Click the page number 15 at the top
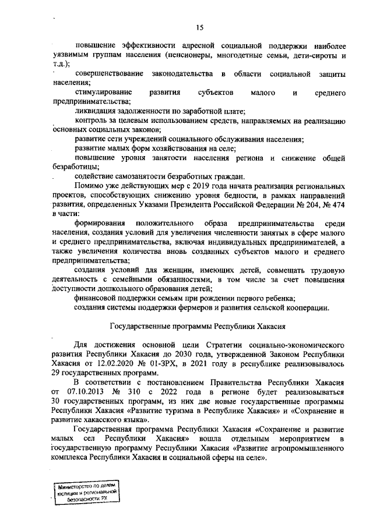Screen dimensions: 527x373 (199, 27)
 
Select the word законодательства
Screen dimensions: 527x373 (181, 75)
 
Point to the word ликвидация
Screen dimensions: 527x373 (97, 111)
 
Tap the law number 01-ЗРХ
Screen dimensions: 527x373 (177, 364)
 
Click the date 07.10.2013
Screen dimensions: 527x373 (85, 392)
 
